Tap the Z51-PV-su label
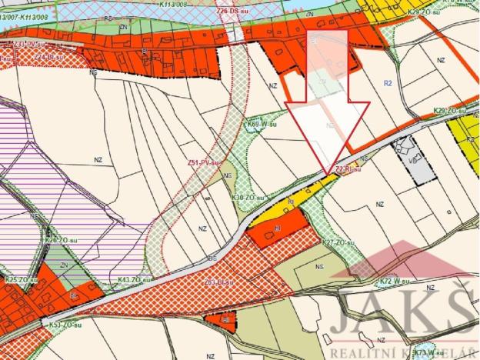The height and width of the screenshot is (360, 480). pyautogui.click(x=204, y=162)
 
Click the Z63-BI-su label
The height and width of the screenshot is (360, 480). pyautogui.click(x=219, y=282)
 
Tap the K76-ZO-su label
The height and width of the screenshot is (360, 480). pyautogui.click(x=62, y=240)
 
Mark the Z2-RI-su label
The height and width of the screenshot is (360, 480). pyautogui.click(x=348, y=170)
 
